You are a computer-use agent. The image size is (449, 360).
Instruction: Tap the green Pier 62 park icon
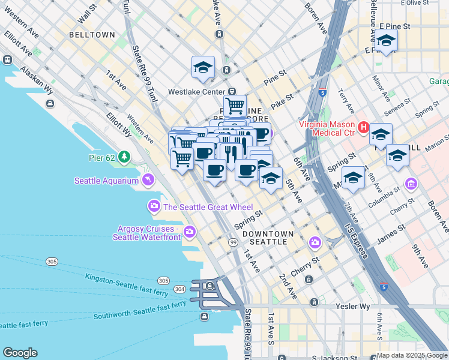pos(124,157)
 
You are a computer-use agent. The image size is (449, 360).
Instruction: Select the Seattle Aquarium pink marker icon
pos(148,180)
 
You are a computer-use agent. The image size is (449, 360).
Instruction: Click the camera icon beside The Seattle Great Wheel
pos(154,207)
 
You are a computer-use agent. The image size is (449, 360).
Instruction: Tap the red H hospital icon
pos(363,127)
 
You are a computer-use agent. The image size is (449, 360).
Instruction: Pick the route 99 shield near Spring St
pos(232,242)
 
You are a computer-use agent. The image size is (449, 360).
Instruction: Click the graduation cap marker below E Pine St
pos(386,41)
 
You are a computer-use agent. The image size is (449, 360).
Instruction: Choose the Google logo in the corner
pos(20,353)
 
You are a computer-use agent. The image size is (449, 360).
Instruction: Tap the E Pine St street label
pos(394,27)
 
